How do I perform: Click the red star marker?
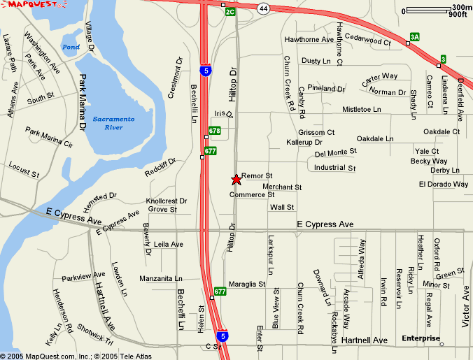236,180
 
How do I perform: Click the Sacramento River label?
113,123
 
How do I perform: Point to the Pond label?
71,48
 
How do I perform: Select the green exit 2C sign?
230,12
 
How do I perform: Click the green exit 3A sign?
415,36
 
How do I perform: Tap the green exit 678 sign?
214,131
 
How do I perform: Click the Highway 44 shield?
262,8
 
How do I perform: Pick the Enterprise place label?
421,339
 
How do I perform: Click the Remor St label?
257,175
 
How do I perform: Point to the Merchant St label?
282,187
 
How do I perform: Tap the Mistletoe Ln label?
362,110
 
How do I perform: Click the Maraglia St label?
247,285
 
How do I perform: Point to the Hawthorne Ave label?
309,40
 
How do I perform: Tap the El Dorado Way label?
444,185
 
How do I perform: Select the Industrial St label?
335,168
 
